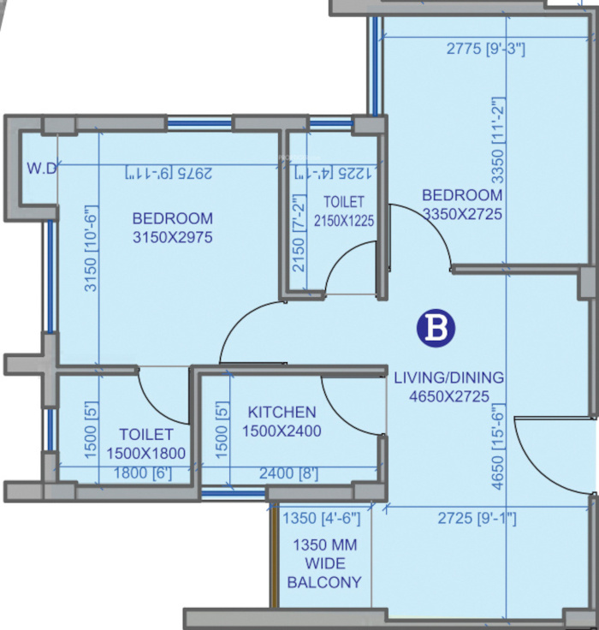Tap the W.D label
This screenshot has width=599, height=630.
point(40,169)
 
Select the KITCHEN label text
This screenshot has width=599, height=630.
point(282,413)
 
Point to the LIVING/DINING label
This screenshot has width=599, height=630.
point(448,377)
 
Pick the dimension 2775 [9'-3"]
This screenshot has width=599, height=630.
point(486,50)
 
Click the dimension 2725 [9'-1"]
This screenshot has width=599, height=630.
point(477,518)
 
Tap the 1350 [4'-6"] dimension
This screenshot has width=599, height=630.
point(321,518)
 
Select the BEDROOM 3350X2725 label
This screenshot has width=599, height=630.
point(462,205)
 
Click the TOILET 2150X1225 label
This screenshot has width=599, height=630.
point(343,211)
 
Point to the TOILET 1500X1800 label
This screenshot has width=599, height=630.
point(146,443)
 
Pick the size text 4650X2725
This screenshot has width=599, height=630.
point(448,396)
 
